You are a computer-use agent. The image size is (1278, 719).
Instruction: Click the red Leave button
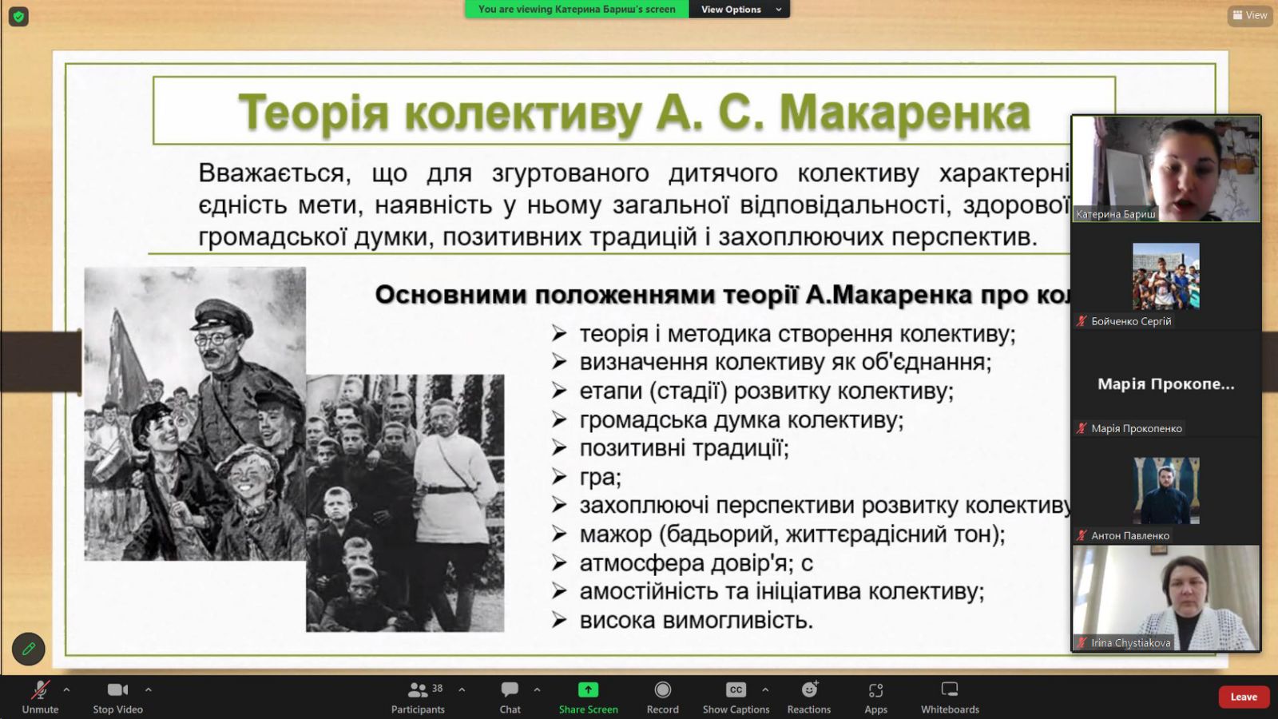(x=1243, y=697)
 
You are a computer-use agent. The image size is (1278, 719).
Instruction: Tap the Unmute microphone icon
(x=40, y=690)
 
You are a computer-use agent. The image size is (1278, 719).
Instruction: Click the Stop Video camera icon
(x=117, y=690)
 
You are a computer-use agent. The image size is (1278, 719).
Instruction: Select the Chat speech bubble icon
(x=510, y=690)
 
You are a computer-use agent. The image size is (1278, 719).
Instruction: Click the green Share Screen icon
(x=588, y=690)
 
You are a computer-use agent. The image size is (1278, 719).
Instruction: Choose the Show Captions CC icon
(x=736, y=690)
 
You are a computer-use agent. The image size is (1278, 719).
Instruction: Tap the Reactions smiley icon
(x=809, y=689)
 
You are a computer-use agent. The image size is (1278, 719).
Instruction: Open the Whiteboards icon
(x=950, y=689)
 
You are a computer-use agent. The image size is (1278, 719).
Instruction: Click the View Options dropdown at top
(x=740, y=9)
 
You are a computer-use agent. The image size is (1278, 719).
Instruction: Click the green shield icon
(x=18, y=17)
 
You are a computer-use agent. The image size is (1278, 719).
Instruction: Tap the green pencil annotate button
(x=28, y=649)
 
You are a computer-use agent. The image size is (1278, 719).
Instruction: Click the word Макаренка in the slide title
(x=905, y=113)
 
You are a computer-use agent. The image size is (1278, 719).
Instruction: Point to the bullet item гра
(x=600, y=477)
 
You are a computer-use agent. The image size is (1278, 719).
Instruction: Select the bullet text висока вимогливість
(x=696, y=620)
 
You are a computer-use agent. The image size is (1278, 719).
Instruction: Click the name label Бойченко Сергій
(x=1131, y=321)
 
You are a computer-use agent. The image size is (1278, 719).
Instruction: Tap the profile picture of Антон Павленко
(x=1166, y=491)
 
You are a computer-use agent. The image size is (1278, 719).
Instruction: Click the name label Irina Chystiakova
(x=1130, y=643)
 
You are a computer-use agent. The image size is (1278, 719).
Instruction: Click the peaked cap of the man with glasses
(x=223, y=316)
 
